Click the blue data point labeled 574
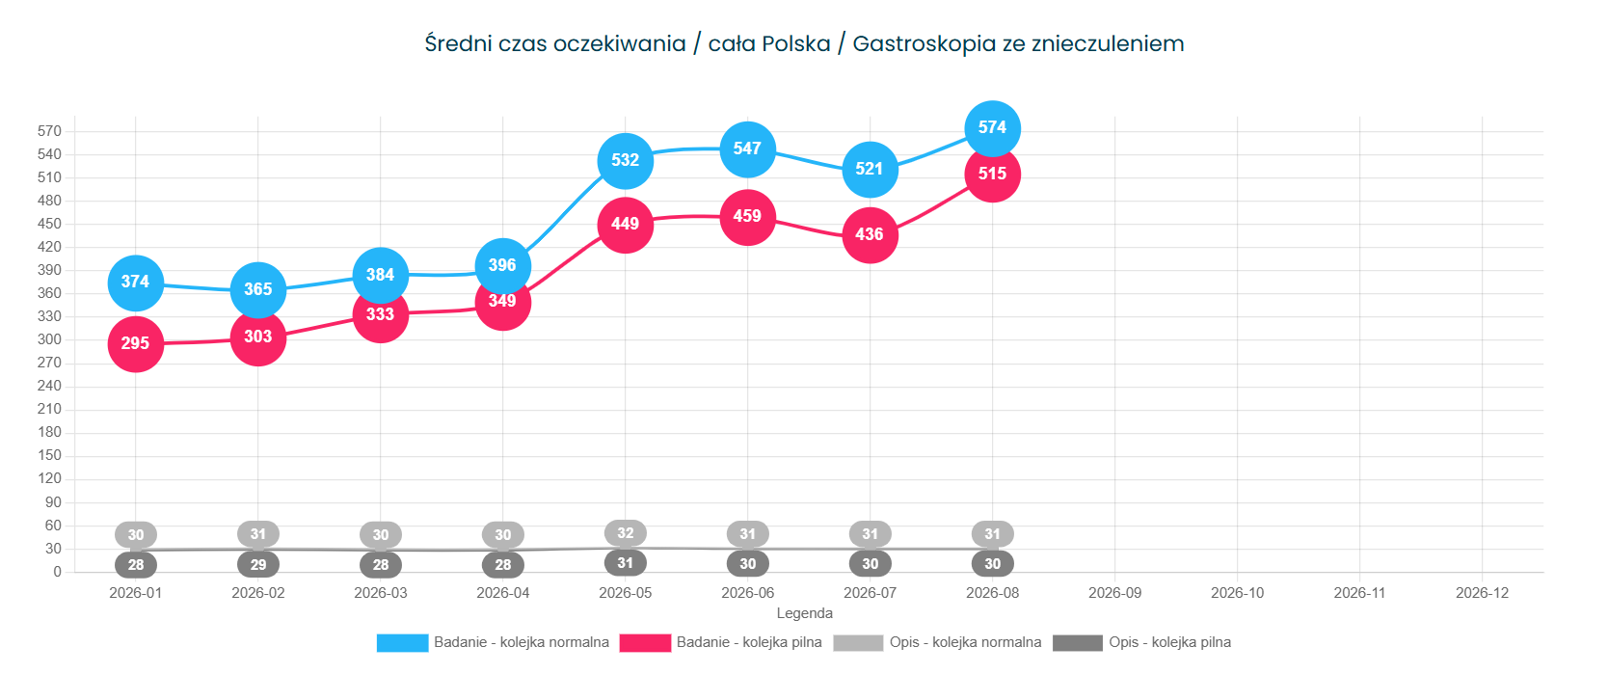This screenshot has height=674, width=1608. (992, 128)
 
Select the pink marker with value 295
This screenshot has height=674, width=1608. (136, 344)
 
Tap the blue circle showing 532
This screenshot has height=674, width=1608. (626, 161)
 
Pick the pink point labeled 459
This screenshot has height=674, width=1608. (747, 217)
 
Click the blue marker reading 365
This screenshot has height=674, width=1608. (257, 290)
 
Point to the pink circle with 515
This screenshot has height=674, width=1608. (992, 175)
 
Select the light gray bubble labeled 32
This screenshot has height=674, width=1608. (626, 533)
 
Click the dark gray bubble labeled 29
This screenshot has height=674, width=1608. (257, 565)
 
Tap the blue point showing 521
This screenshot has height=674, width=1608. (871, 170)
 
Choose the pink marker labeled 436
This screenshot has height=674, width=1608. (871, 234)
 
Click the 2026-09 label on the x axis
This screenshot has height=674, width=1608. (1114, 594)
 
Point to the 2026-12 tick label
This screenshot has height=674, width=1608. (1483, 594)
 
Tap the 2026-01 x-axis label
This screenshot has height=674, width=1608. (136, 594)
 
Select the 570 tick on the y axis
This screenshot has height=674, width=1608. (49, 131)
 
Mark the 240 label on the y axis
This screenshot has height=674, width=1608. (49, 386)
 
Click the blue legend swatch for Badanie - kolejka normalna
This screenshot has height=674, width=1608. (402, 643)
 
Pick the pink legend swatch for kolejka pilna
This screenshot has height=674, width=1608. (645, 643)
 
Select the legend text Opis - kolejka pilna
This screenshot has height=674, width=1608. (1169, 642)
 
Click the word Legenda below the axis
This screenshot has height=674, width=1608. (805, 613)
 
